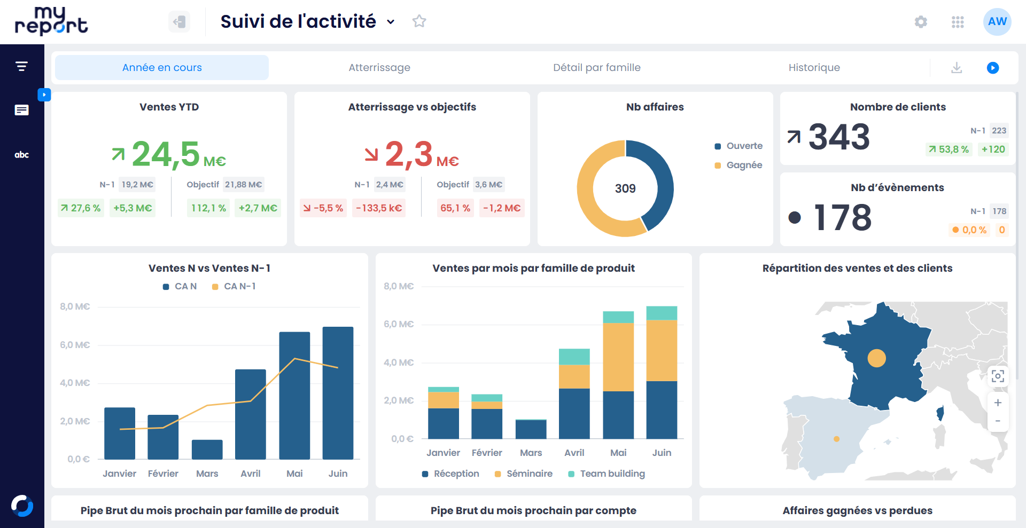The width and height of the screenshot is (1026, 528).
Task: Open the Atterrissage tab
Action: [x=379, y=68]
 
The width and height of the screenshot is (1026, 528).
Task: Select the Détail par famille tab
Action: [x=596, y=68]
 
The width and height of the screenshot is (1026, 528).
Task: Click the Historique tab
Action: [x=814, y=68]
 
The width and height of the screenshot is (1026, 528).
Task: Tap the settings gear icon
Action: [x=921, y=22]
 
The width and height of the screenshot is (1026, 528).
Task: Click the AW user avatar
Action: [x=997, y=22]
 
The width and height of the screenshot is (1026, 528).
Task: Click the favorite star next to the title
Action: [x=419, y=21]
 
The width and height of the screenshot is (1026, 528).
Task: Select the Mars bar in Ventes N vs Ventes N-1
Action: [x=207, y=450]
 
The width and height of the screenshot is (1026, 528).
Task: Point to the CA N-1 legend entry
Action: [x=234, y=287]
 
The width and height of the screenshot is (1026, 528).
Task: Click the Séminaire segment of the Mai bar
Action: [x=618, y=357]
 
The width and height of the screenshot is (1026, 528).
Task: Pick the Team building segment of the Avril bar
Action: [x=574, y=357]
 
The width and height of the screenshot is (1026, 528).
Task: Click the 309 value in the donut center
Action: [x=625, y=188]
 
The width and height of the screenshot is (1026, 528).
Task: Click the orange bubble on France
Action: [x=876, y=358]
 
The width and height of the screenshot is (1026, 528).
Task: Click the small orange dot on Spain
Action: [x=836, y=439]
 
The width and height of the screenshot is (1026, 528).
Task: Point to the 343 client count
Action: [x=839, y=137]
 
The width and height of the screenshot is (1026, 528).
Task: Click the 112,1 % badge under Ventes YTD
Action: [x=208, y=208]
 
